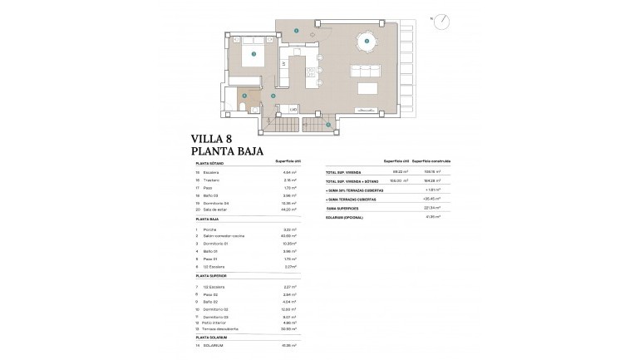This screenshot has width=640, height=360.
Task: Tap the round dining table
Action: tap(364, 41)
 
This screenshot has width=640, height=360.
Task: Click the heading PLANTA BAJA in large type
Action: tap(228, 152)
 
